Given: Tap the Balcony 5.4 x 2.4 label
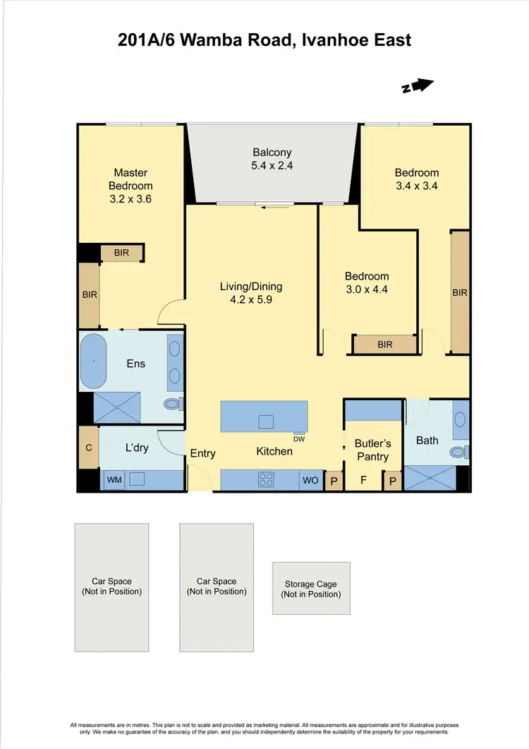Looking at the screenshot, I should [x=272, y=159].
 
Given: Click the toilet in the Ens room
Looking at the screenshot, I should [x=172, y=404].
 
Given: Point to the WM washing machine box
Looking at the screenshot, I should [x=114, y=480].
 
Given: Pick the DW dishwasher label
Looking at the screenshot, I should [x=299, y=438].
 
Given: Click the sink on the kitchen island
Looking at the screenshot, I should [x=266, y=421].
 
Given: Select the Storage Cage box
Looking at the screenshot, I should [x=311, y=588].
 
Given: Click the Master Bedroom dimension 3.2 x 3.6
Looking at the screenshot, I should [x=130, y=199].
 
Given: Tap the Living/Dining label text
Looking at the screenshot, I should [x=251, y=286].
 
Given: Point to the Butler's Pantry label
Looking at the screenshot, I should [x=372, y=450].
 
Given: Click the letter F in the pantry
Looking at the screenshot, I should [x=363, y=480].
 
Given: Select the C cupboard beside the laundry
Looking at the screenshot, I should [x=88, y=447].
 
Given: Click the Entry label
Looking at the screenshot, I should [x=202, y=453].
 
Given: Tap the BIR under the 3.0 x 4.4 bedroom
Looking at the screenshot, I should [x=384, y=344].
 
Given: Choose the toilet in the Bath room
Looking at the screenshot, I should [x=458, y=451].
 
